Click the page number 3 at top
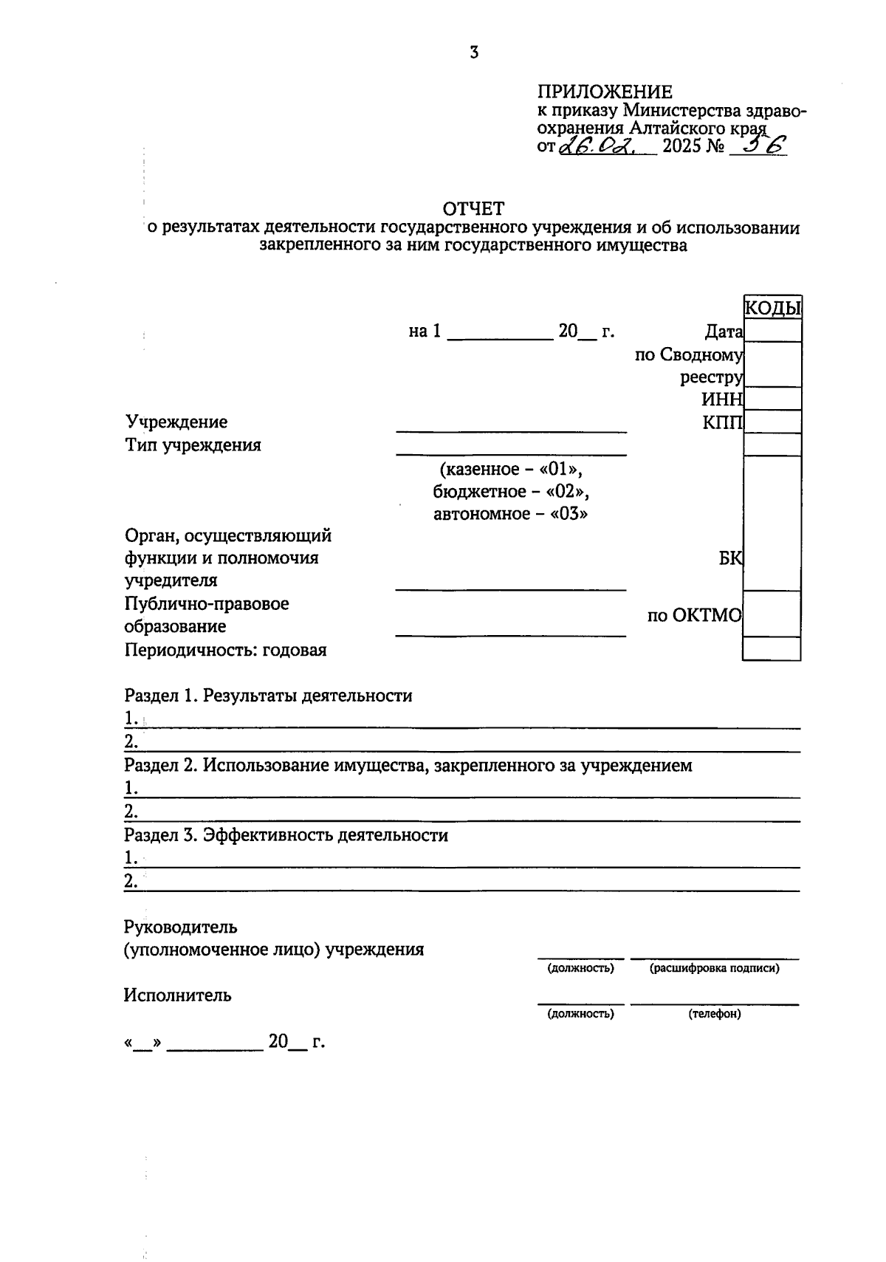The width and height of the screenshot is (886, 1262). [474, 52]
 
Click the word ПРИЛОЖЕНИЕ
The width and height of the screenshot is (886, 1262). [605, 92]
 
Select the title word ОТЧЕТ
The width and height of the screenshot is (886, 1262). [473, 209]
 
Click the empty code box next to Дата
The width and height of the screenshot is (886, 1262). [772, 331]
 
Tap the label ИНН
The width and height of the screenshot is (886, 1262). [721, 399]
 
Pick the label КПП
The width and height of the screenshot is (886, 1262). [723, 422]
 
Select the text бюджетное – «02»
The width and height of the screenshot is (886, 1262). [511, 491]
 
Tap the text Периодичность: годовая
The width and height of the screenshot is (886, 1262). [226, 650]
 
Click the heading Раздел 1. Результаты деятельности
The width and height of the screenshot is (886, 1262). [268, 695]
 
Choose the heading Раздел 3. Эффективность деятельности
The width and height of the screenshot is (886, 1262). [286, 835]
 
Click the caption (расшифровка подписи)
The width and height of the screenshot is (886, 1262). [714, 968]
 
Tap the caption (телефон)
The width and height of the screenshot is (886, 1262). [714, 1014]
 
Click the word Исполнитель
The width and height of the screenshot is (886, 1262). [177, 995]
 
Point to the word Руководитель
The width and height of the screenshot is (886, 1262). [181, 926]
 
